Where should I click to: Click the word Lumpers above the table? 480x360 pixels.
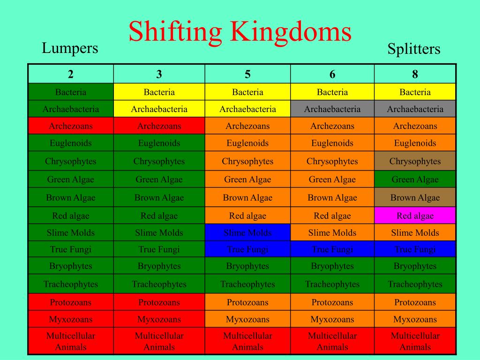70,48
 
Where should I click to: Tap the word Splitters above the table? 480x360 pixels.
414,49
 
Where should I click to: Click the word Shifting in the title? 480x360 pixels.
175,32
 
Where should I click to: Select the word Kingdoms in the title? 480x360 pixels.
291,31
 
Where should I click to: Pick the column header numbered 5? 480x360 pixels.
247,74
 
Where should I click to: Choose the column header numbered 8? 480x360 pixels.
415,74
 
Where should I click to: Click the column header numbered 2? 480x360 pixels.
71,74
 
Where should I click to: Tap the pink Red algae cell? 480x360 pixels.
415,216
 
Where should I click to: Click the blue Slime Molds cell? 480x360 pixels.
247,232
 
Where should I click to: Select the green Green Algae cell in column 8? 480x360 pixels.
415,179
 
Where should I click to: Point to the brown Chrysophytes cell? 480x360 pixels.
415,161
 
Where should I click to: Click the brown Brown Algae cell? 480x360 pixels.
415,197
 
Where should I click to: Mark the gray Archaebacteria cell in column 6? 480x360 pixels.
332,109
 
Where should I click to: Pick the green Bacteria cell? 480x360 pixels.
71,92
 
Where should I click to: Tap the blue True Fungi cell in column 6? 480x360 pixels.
332,249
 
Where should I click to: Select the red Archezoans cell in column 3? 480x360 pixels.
159,126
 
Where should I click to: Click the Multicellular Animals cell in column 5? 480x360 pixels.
247,341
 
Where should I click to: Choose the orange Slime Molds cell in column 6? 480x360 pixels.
332,232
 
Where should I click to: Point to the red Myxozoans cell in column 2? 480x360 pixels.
71,319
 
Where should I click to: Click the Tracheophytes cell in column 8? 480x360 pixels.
415,284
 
